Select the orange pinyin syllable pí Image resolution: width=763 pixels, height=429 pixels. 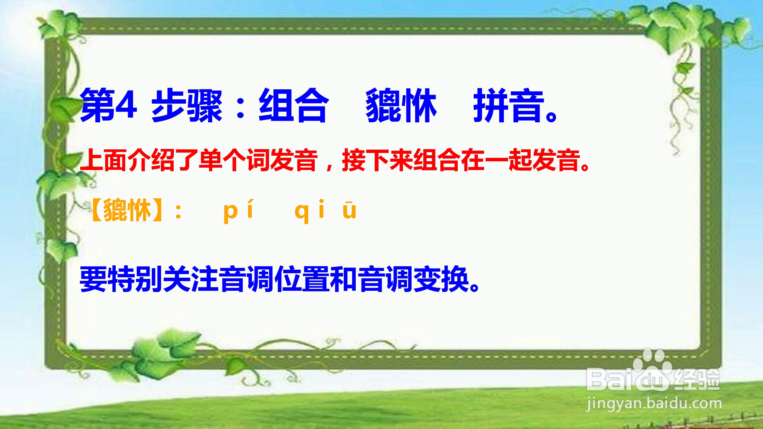tap(238, 211)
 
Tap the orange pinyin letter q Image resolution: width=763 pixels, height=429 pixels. tap(302, 213)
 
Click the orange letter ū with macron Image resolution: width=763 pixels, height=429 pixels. tap(349, 211)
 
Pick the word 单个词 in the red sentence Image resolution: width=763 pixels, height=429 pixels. tap(223, 160)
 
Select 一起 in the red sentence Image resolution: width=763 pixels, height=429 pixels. tap(508, 160)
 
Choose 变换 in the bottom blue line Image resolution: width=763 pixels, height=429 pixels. tap(441, 279)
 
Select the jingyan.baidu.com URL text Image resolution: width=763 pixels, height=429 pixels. tap(654, 404)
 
